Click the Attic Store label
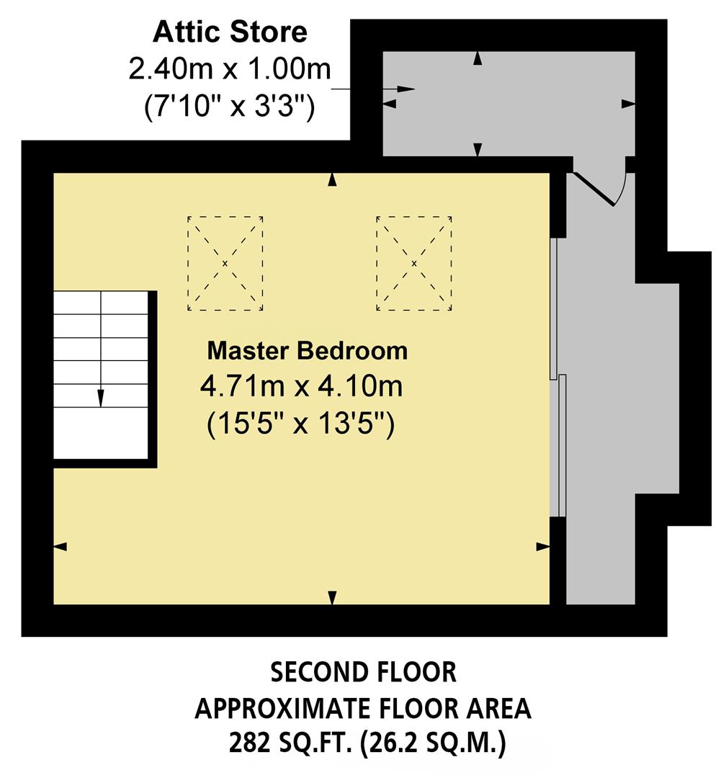tap(230, 32)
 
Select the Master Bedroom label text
tap(308, 351)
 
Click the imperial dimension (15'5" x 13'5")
tap(301, 424)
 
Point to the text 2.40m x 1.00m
tap(230, 71)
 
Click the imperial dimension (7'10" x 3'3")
tap(230, 108)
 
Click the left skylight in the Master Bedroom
tap(225, 263)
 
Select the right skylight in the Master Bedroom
tap(414, 263)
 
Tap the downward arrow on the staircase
tap(101, 396)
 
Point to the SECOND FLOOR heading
tap(363, 673)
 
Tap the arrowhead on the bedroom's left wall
tap(60, 547)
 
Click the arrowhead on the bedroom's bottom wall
tap(332, 597)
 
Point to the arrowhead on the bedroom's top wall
tap(332, 180)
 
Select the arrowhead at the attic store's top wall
tap(477, 59)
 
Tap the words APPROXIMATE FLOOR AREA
tap(363, 709)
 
